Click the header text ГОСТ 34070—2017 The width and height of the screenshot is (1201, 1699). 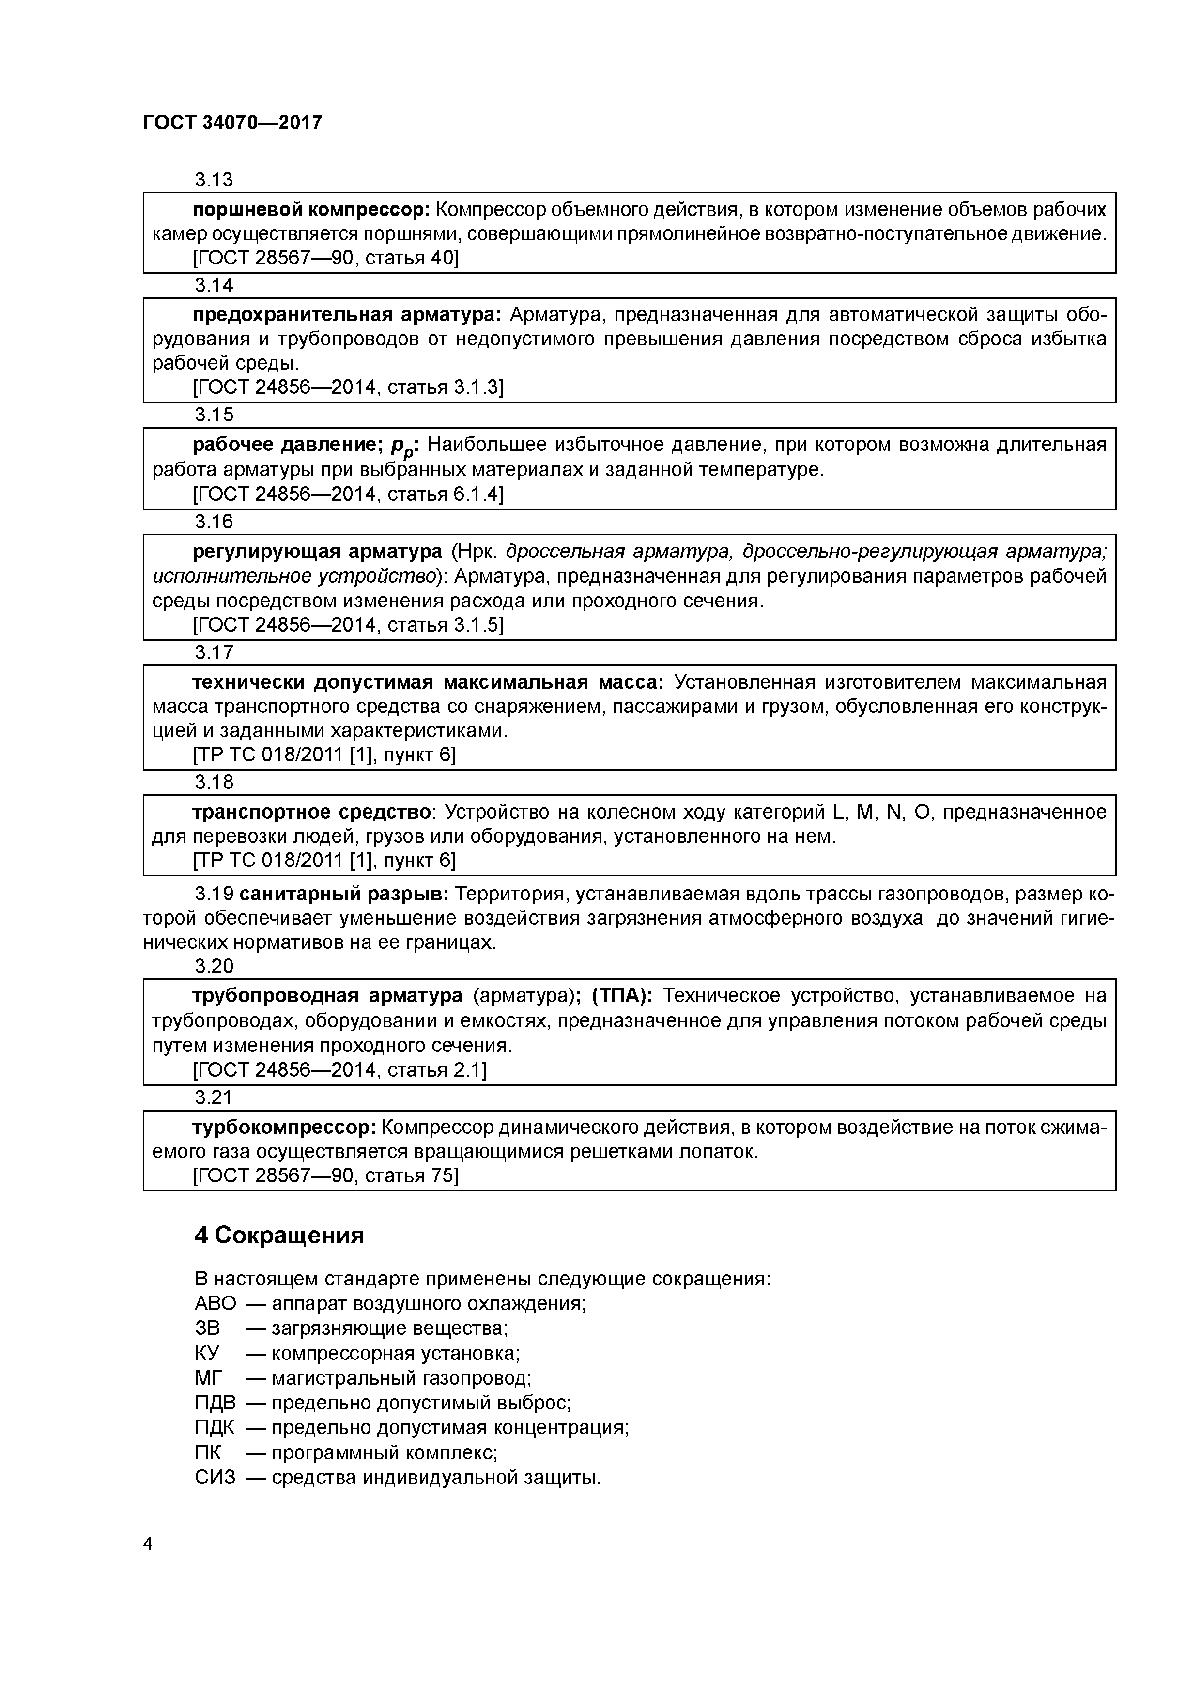pyautogui.click(x=232, y=122)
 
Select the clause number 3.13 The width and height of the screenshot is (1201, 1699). pyautogui.click(x=214, y=179)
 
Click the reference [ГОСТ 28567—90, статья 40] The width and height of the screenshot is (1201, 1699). pyautogui.click(x=325, y=258)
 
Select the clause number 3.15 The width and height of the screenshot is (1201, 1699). pyautogui.click(x=214, y=415)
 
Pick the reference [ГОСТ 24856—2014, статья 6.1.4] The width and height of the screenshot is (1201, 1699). pyautogui.click(x=348, y=494)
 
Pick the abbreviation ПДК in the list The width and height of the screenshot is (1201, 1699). pyautogui.click(x=215, y=1427)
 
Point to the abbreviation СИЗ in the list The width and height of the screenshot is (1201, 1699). pyautogui.click(x=215, y=1478)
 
